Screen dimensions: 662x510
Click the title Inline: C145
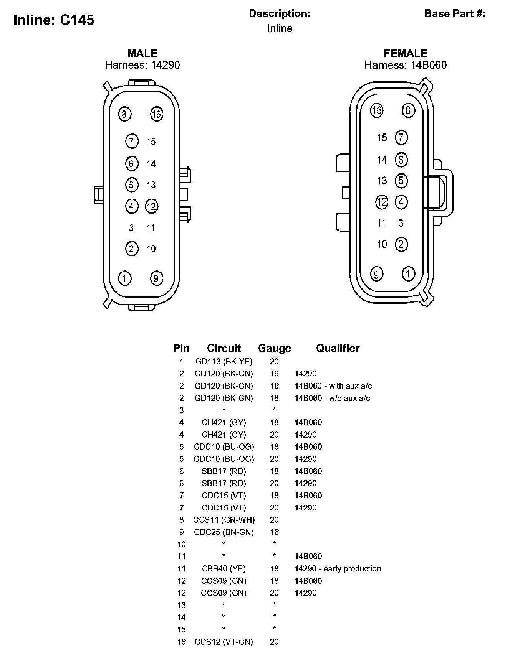[x=54, y=20]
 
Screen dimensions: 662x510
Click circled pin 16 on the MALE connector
[x=156, y=114]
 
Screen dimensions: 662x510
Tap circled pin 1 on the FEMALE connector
[x=408, y=274]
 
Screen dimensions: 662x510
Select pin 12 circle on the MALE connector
[x=152, y=206]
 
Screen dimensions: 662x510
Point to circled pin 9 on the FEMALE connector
[x=377, y=274]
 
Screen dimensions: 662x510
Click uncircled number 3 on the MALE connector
[x=131, y=228]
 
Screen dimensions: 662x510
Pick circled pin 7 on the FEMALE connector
[x=401, y=137]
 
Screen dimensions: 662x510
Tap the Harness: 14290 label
[x=142, y=65]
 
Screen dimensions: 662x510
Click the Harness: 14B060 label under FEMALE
[x=406, y=65]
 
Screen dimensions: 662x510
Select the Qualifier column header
[x=338, y=348]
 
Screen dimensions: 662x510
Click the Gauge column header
[x=274, y=348]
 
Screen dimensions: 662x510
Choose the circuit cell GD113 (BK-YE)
[x=224, y=361]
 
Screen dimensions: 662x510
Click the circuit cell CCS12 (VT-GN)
[x=224, y=642]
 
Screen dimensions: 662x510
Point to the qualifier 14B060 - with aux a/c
[x=333, y=386]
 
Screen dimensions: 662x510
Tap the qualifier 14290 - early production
[x=338, y=568]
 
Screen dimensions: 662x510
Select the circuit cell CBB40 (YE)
[x=224, y=568]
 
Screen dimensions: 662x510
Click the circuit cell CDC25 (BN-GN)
[x=224, y=532]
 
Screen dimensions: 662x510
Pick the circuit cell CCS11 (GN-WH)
[x=224, y=520]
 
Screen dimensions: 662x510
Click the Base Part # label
[x=455, y=14]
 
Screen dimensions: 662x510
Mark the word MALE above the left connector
[x=142, y=53]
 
